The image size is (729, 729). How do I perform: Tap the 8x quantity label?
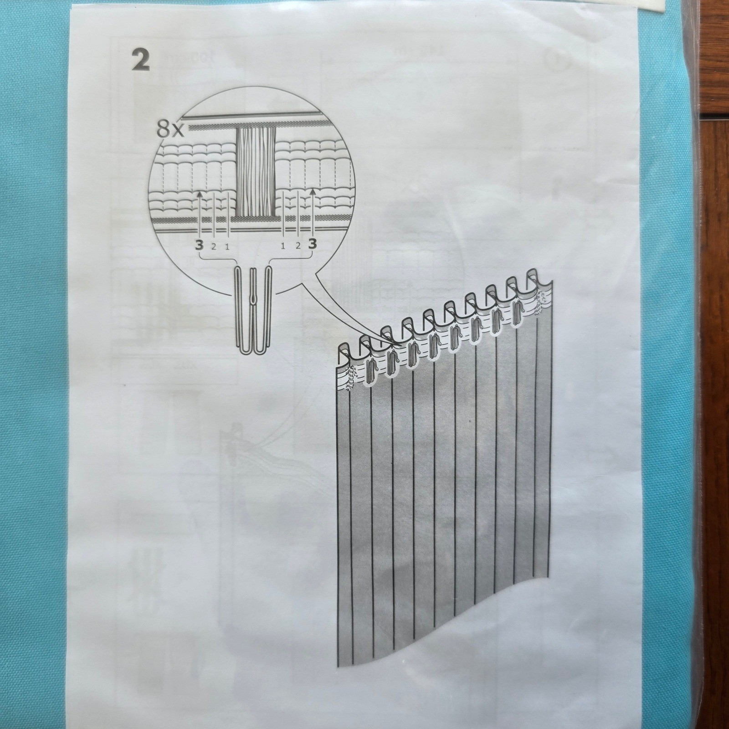(170, 130)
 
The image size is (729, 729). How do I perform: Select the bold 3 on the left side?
(199, 245)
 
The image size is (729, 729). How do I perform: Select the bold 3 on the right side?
(312, 245)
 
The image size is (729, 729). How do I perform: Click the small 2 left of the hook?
(213, 246)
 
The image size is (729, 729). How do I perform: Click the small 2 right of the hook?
(298, 246)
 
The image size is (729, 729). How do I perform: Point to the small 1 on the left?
(227, 246)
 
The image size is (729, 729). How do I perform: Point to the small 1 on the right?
(283, 246)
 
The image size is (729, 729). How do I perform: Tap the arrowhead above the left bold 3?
(199, 195)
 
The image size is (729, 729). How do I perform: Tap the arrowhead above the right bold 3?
(313, 193)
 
